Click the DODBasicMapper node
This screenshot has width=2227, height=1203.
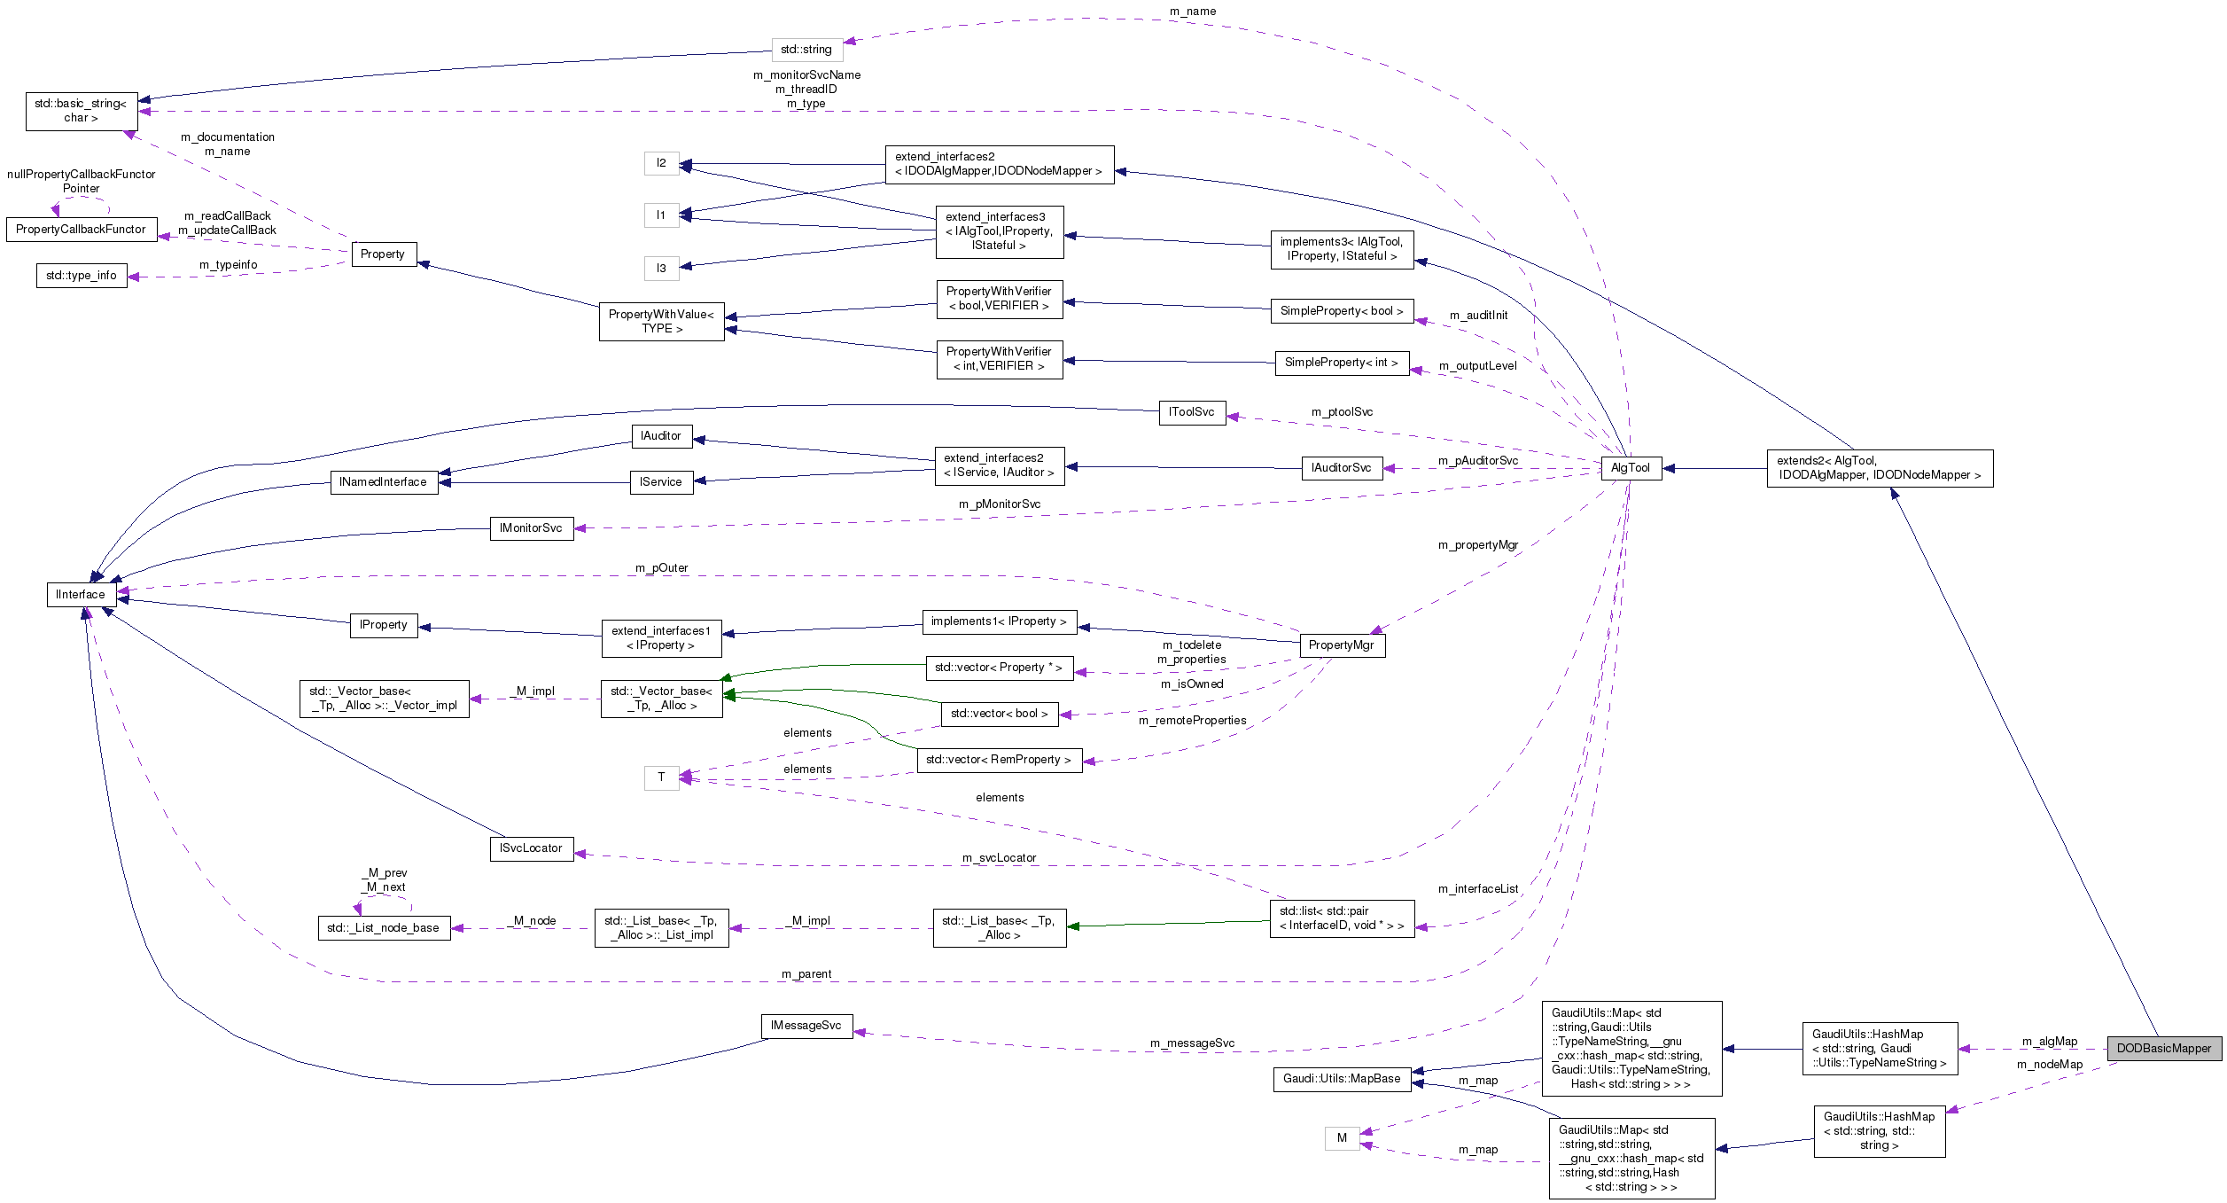pyautogui.click(x=2164, y=1048)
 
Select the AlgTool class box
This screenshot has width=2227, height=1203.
pyautogui.click(x=1630, y=468)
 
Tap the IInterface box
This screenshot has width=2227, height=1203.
pyautogui.click(x=81, y=594)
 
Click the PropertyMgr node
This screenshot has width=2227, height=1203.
pyautogui.click(x=1341, y=644)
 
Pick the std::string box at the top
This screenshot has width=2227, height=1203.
pyautogui.click(x=806, y=50)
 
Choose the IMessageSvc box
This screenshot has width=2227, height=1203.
pyautogui.click(x=806, y=1026)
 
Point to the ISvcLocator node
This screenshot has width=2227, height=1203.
pyautogui.click(x=531, y=848)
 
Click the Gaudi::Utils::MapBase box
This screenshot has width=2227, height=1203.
pyautogui.click(x=1342, y=1078)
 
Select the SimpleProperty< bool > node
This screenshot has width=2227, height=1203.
pyautogui.click(x=1341, y=311)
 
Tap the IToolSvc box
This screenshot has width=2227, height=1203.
pyautogui.click(x=1191, y=412)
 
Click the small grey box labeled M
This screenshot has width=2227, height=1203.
pyautogui.click(x=1342, y=1137)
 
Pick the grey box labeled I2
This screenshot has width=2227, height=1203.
pyautogui.click(x=661, y=163)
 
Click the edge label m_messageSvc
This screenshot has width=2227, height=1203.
pyautogui.click(x=1192, y=1043)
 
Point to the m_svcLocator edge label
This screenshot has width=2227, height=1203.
pyautogui.click(x=999, y=857)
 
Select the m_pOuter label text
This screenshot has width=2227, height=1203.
pyautogui.click(x=661, y=567)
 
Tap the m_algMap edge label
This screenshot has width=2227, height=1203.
pyautogui.click(x=2049, y=1041)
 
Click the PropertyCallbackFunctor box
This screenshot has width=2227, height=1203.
pyautogui.click(x=81, y=229)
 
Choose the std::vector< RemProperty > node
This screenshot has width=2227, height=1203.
pyautogui.click(x=999, y=760)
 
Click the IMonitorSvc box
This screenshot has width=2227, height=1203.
pyautogui.click(x=531, y=528)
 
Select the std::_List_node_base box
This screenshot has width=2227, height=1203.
pyautogui.click(x=383, y=927)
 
